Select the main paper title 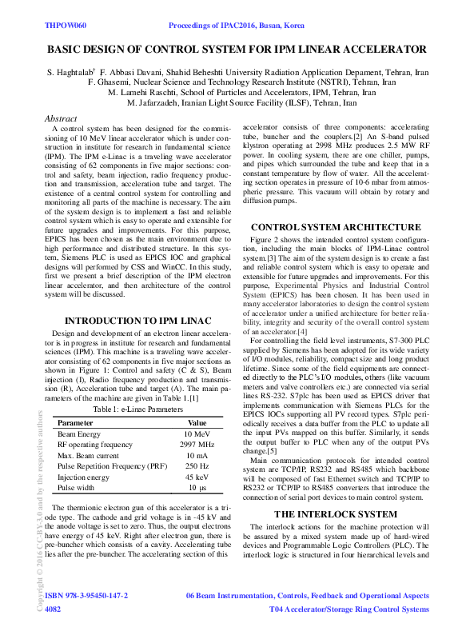[237, 50]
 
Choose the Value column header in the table [197, 400]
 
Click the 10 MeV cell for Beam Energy [197, 412]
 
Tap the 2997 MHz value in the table [197, 422]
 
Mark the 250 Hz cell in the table [197, 444]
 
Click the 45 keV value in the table [197, 454]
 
